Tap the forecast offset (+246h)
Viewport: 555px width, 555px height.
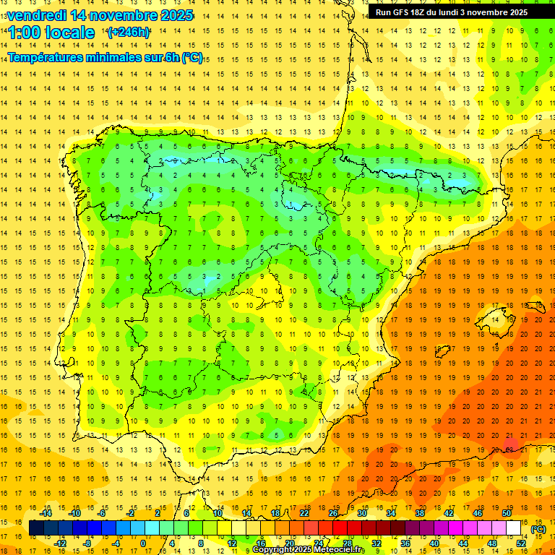pyautogui.click(x=129, y=33)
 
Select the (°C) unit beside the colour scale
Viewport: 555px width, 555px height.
pyautogui.click(x=538, y=529)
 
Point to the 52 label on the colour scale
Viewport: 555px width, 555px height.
pyautogui.click(x=521, y=543)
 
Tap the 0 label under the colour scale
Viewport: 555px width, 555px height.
pyautogui.click(x=142, y=543)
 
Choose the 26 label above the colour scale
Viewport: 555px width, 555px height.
pyautogui.click(x=333, y=513)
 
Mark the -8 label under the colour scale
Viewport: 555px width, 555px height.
pyautogui.click(x=87, y=543)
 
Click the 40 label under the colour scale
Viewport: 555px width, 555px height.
pyautogui.click(x=434, y=543)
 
